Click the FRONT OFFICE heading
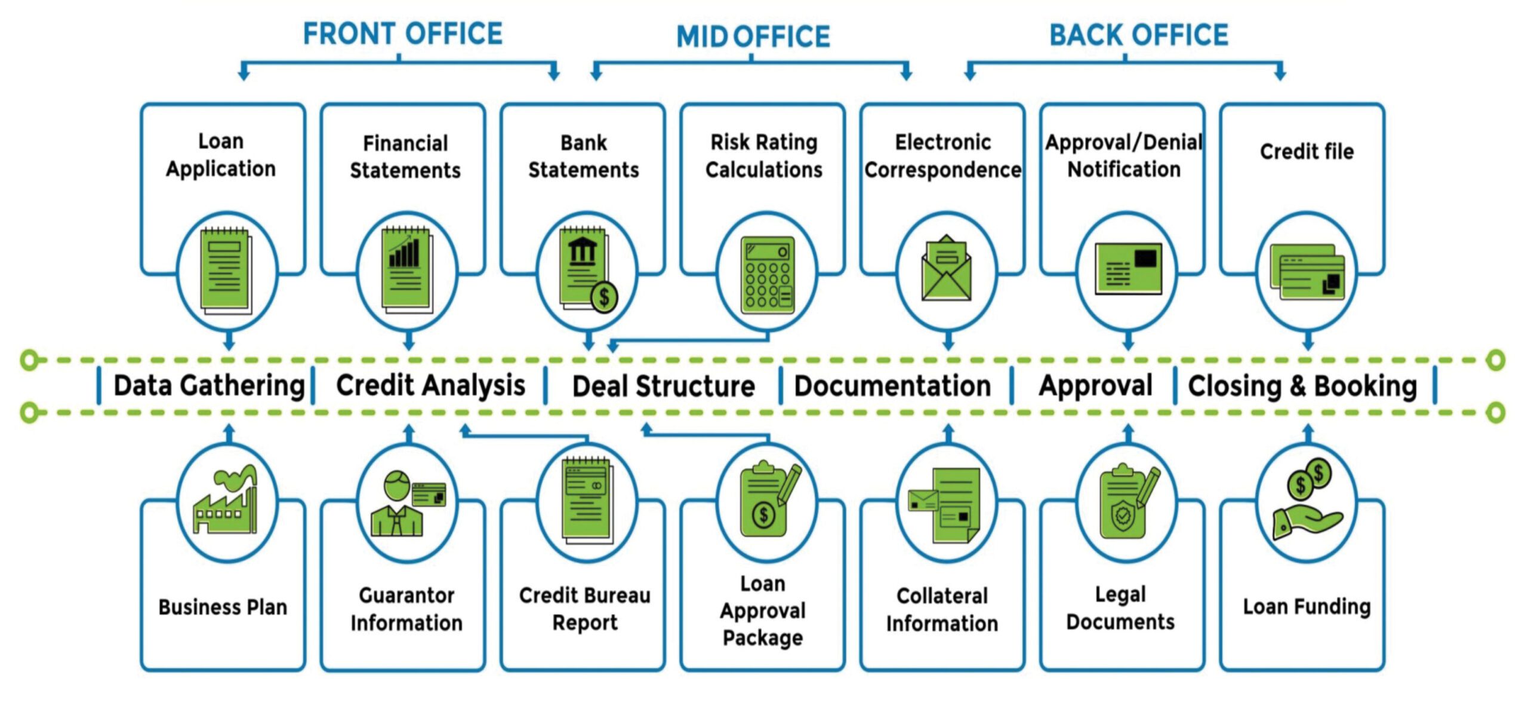403,33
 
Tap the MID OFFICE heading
753,36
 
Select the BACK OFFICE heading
1139,35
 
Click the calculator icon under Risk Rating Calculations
768,275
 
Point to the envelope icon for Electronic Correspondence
946,268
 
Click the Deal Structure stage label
664,386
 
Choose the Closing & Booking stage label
1302,386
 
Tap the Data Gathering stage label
209,386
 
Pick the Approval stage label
1095,386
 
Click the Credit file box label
1307,152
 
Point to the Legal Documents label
1120,608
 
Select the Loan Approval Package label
763,610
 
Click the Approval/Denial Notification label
1124,155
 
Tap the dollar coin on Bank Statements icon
604,297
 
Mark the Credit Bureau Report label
585,609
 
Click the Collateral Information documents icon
945,505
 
